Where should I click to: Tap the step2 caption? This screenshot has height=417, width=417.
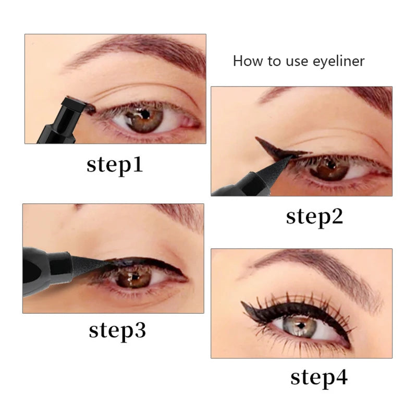pyautogui.click(x=314, y=216)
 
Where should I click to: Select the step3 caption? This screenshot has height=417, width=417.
pyautogui.click(x=117, y=330)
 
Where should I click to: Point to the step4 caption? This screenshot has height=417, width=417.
pyautogui.click(x=318, y=377)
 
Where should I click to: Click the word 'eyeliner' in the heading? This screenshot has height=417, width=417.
pyautogui.click(x=332, y=61)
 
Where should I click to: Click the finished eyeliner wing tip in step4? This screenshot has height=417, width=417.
pyautogui.click(x=245, y=305)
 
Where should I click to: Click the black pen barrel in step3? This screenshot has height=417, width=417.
pyautogui.click(x=44, y=268)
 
